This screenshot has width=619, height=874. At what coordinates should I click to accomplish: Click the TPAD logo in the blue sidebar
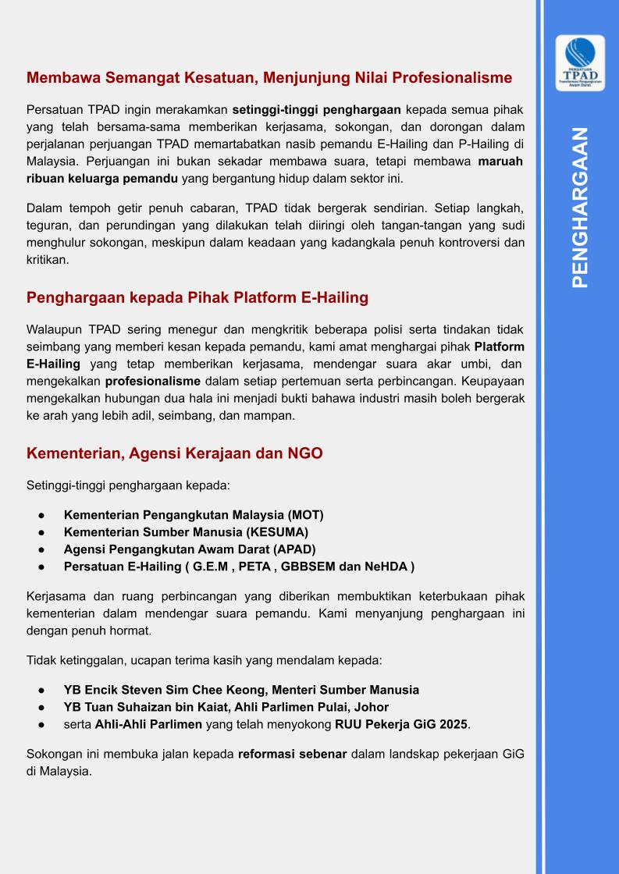[580, 63]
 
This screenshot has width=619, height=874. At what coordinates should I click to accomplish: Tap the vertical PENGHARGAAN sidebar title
[580, 208]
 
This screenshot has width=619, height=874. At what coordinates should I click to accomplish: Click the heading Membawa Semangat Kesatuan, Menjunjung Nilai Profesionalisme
[269, 78]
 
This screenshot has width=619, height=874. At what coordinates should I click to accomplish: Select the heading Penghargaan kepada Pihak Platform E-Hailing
[197, 298]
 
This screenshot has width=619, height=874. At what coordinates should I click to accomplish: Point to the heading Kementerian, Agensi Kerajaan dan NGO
[174, 453]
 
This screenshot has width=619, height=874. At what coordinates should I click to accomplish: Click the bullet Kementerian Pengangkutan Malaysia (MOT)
[194, 515]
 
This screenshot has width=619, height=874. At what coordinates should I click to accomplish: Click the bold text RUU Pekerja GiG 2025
[401, 724]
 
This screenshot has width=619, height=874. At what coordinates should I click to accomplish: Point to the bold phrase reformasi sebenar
[293, 755]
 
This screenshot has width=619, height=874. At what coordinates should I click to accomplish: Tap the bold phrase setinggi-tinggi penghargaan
[304, 108]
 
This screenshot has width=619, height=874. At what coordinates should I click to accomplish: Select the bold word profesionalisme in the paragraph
[153, 382]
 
